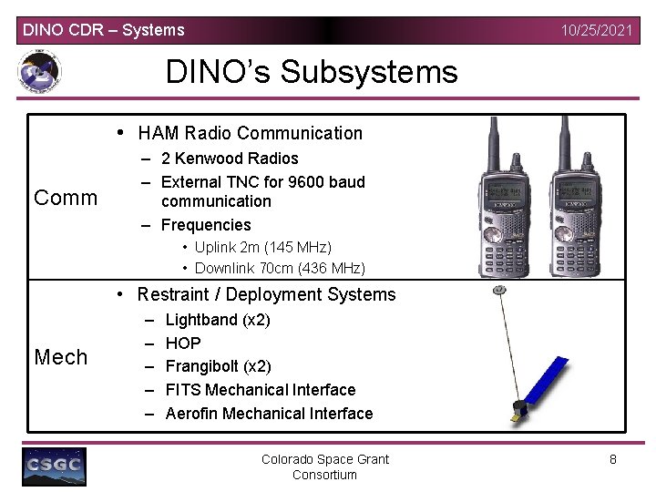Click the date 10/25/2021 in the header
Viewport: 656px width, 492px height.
click(597, 30)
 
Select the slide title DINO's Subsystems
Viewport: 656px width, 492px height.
click(312, 71)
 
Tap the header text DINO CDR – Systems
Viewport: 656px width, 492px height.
click(103, 30)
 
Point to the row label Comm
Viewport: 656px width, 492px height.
click(66, 198)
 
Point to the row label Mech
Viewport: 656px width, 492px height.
click(61, 357)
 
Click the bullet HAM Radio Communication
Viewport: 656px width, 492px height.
click(250, 134)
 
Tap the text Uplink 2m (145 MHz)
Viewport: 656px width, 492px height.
click(262, 248)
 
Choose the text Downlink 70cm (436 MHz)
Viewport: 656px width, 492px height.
click(280, 268)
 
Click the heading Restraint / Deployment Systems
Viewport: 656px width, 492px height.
click(266, 294)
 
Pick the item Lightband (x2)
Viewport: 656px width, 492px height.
click(218, 320)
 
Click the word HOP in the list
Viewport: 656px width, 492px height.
click(183, 343)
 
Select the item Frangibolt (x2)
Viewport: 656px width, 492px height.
click(218, 366)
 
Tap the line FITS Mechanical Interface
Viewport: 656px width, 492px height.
click(261, 390)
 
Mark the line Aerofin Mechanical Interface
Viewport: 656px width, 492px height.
click(269, 414)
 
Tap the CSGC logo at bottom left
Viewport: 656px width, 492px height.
click(55, 466)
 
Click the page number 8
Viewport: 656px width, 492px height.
click(613, 459)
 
